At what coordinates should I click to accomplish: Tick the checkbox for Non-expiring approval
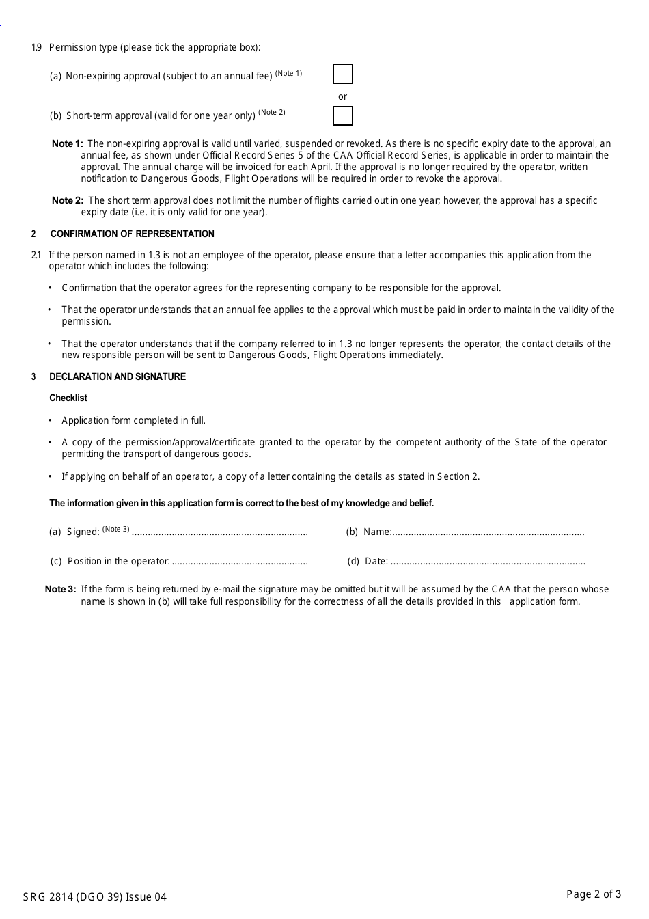point(342,74)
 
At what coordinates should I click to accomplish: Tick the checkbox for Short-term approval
point(342,115)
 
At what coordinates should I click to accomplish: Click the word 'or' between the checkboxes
point(342,96)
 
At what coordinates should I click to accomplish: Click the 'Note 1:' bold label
point(67,143)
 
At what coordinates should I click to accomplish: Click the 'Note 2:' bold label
point(67,200)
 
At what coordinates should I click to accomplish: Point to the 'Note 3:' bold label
point(60,589)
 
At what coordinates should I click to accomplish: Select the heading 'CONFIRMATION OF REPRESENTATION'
point(132,234)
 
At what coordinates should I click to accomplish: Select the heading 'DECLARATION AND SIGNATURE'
point(117,376)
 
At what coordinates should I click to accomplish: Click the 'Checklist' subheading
point(68,398)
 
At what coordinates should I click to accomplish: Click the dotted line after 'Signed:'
point(219,532)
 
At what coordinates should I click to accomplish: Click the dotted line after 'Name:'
point(488,532)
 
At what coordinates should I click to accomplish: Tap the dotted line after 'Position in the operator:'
point(240,562)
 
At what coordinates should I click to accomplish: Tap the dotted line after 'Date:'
point(488,562)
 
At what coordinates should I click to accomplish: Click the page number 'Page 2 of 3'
point(594,894)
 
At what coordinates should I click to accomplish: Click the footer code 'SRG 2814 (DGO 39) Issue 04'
point(94,897)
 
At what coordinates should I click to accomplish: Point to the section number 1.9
point(36,47)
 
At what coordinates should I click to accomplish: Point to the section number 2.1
point(36,255)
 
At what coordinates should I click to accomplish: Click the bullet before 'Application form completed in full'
point(50,420)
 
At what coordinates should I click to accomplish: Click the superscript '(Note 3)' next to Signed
point(115,529)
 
